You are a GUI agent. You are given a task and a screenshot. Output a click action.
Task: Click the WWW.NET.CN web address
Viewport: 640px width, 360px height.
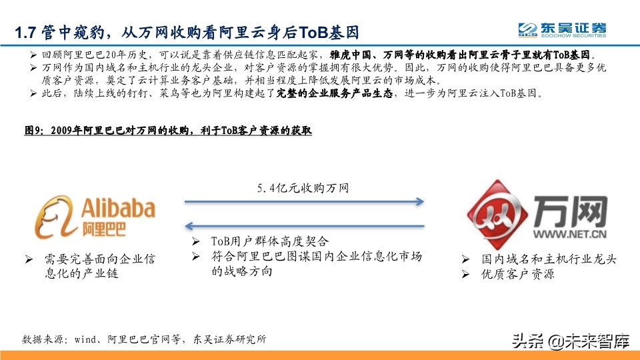point(569,234)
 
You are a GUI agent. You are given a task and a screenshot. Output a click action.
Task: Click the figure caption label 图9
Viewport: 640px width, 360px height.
point(33,131)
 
